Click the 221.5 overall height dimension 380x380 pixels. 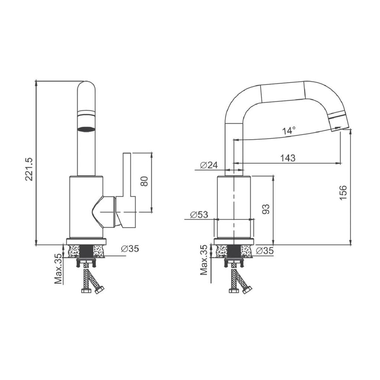29,169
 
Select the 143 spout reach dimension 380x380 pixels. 288,158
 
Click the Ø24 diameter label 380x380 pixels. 209,165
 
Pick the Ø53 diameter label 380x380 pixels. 199,215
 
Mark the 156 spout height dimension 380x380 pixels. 343,192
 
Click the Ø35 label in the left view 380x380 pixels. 130,249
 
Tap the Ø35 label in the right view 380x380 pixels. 265,250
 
